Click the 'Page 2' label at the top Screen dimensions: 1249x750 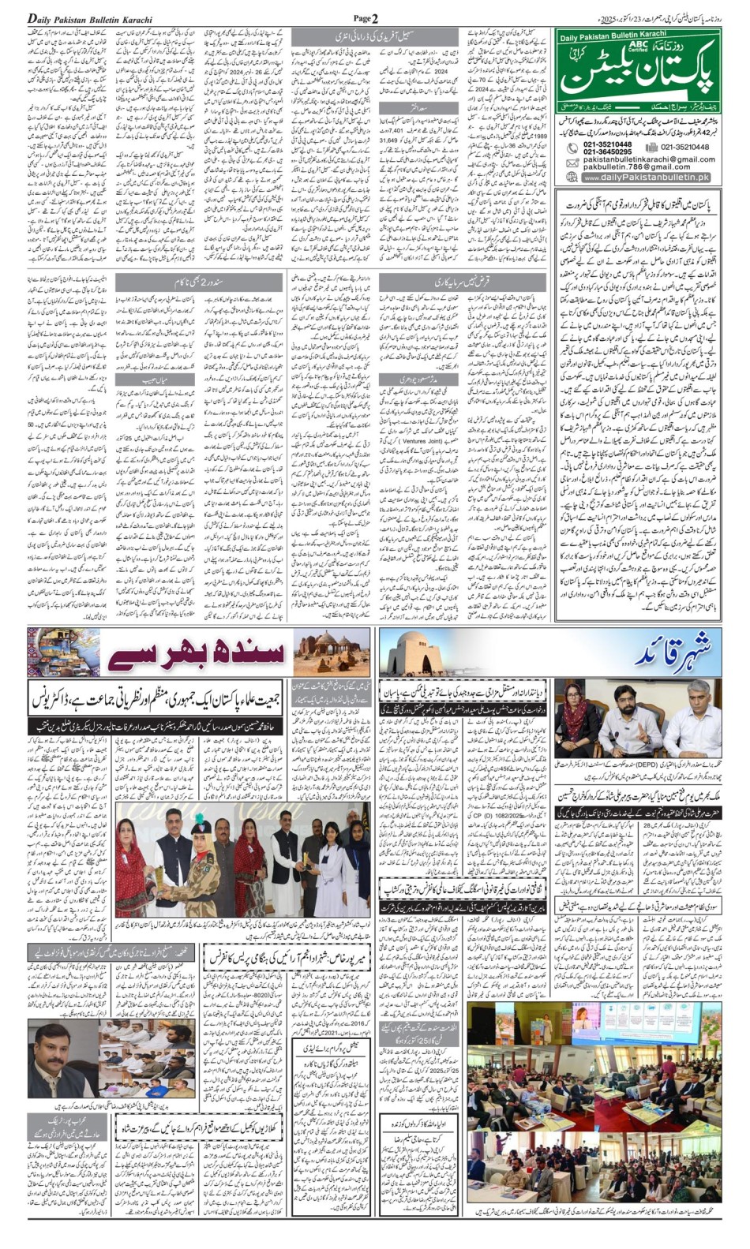(366, 17)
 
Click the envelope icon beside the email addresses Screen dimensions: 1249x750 (570, 163)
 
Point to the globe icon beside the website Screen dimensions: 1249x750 (570, 178)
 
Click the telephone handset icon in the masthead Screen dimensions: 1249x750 (570, 148)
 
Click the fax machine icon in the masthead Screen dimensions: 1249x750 (652, 147)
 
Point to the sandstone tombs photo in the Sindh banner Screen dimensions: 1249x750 (332, 653)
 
